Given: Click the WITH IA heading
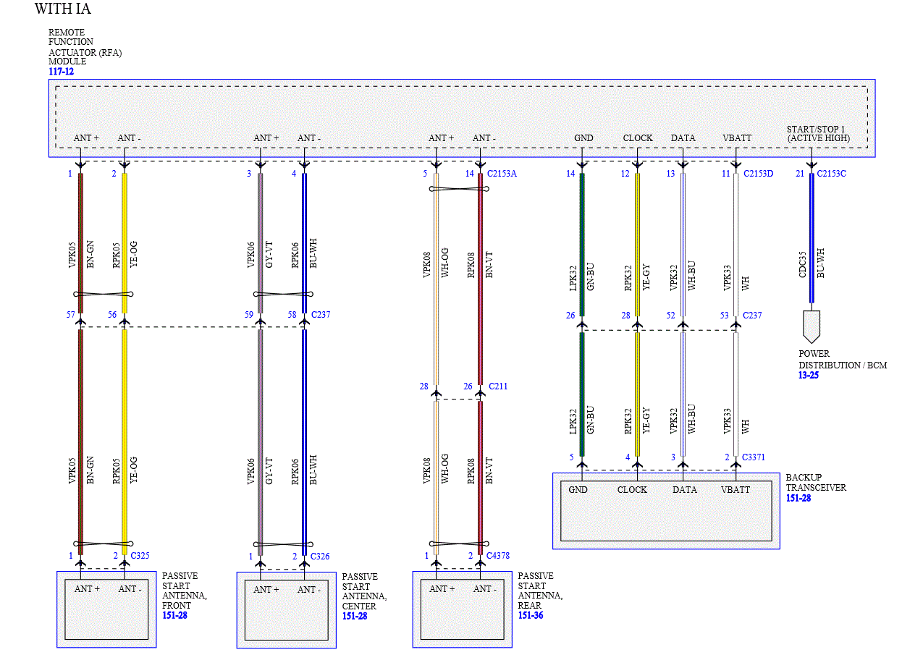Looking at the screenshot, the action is pos(63,9).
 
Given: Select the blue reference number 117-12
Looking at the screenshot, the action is pos(61,72).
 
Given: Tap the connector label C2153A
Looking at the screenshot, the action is pos(502,174).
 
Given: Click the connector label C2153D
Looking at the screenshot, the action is pos(758,174).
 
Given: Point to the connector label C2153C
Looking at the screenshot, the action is pos(831,174).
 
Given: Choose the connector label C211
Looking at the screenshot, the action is pos(498,386).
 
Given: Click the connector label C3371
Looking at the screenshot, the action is pos(753,457).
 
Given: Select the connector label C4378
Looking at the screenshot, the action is pos(498,556).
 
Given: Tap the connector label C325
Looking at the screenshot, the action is pos(140,556).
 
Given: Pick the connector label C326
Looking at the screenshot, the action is pos(320,557).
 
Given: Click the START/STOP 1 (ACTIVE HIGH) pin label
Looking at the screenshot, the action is pos(818,134).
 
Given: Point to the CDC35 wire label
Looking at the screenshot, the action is pos(802,265).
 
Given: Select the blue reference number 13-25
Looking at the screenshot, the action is pos(809,375).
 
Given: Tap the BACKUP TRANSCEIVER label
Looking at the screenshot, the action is pos(815,483).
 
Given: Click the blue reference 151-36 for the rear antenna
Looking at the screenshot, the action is pos(531,615).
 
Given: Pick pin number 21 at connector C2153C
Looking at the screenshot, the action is pos(800,174).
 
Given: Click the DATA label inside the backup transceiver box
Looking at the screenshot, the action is pos(684,490).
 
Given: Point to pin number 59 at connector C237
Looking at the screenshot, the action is pos(249,315).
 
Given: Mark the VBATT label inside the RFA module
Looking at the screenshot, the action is pos(737,138).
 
